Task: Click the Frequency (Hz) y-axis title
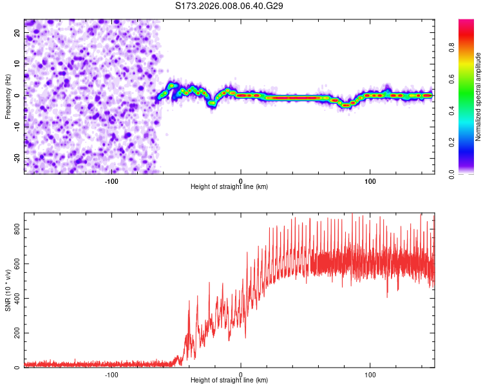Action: click(x=8, y=97)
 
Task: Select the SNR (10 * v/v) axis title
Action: click(x=8, y=290)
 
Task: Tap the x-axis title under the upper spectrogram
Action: click(x=229, y=186)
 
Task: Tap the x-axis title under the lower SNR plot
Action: click(x=229, y=380)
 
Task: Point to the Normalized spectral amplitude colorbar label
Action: click(x=478, y=97)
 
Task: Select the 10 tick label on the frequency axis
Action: click(x=17, y=64)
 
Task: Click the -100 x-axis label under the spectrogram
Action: click(x=111, y=181)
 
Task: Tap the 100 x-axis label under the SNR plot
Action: click(x=370, y=374)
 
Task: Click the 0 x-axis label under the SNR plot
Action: click(x=241, y=374)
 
